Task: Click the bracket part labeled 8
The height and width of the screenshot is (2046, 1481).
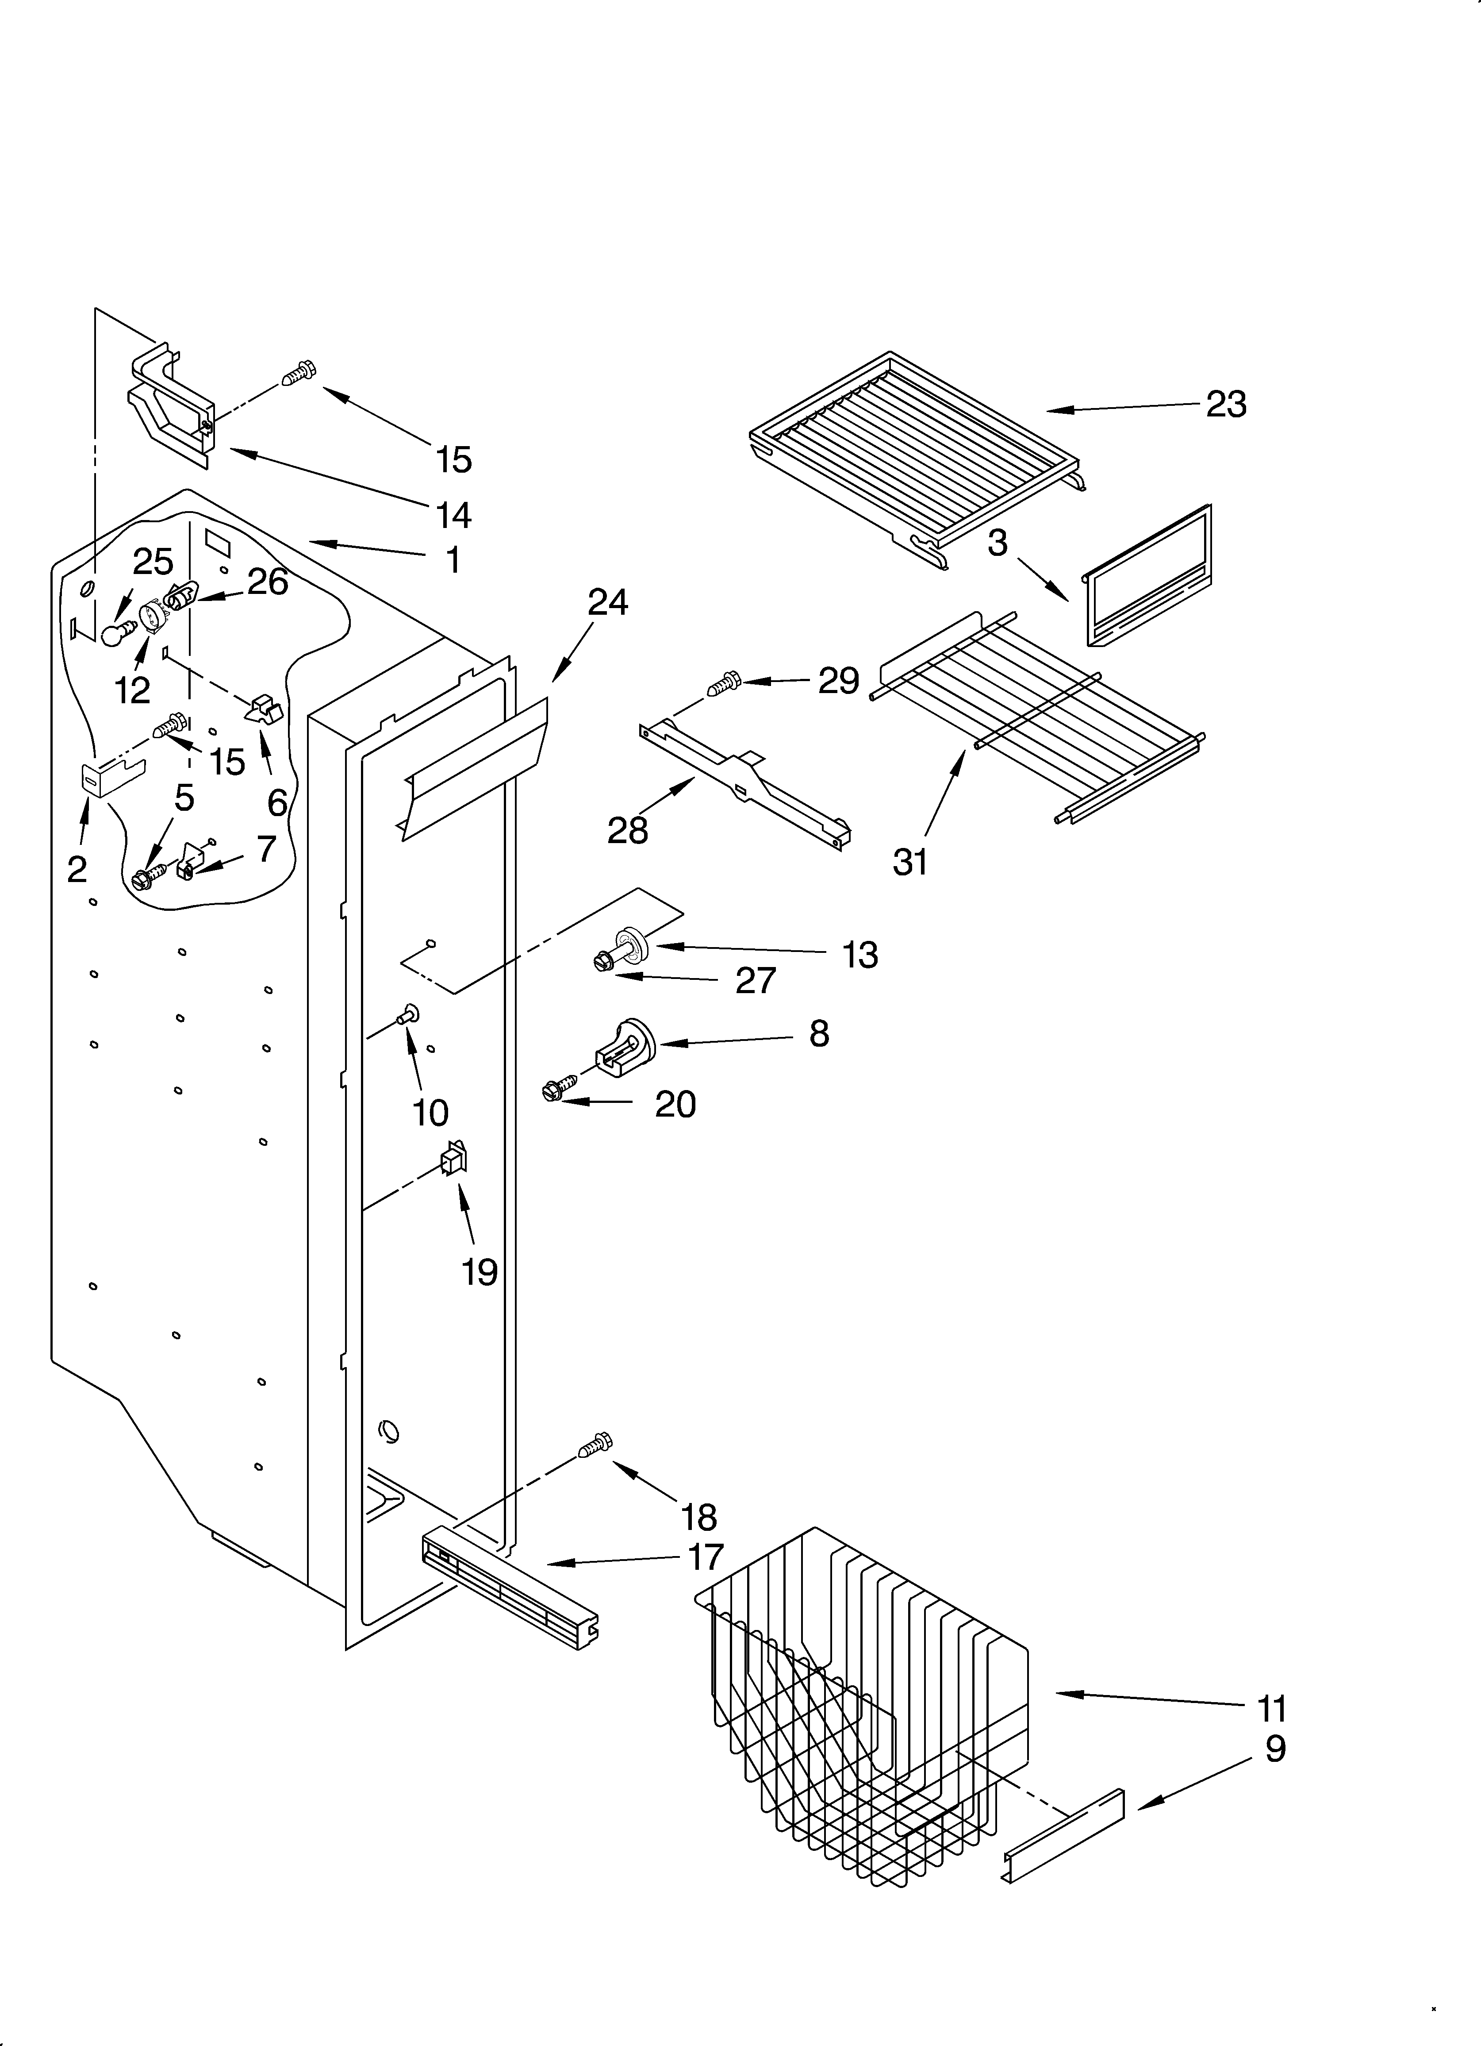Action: (624, 1044)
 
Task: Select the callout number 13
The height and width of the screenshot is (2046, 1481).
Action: (859, 955)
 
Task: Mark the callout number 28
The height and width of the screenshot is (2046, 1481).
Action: (628, 830)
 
